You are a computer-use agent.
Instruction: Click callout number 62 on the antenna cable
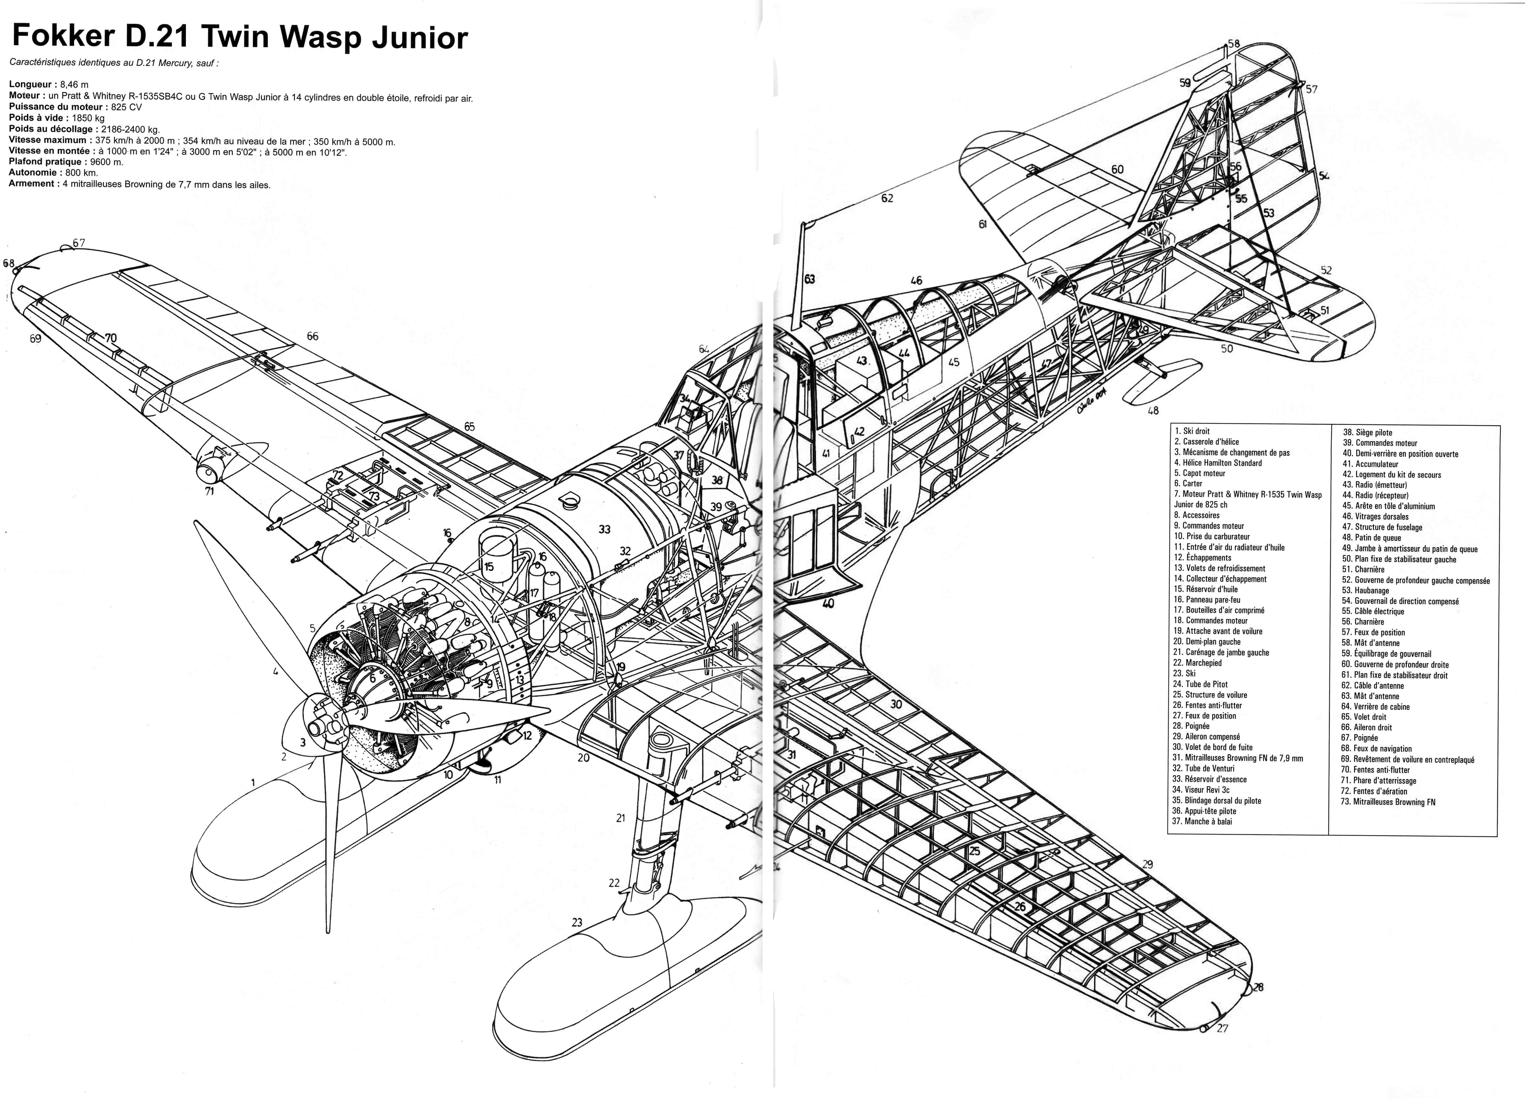(x=887, y=198)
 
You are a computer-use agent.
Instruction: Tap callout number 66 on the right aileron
(x=313, y=336)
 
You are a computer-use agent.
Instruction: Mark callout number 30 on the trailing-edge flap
(x=896, y=704)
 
